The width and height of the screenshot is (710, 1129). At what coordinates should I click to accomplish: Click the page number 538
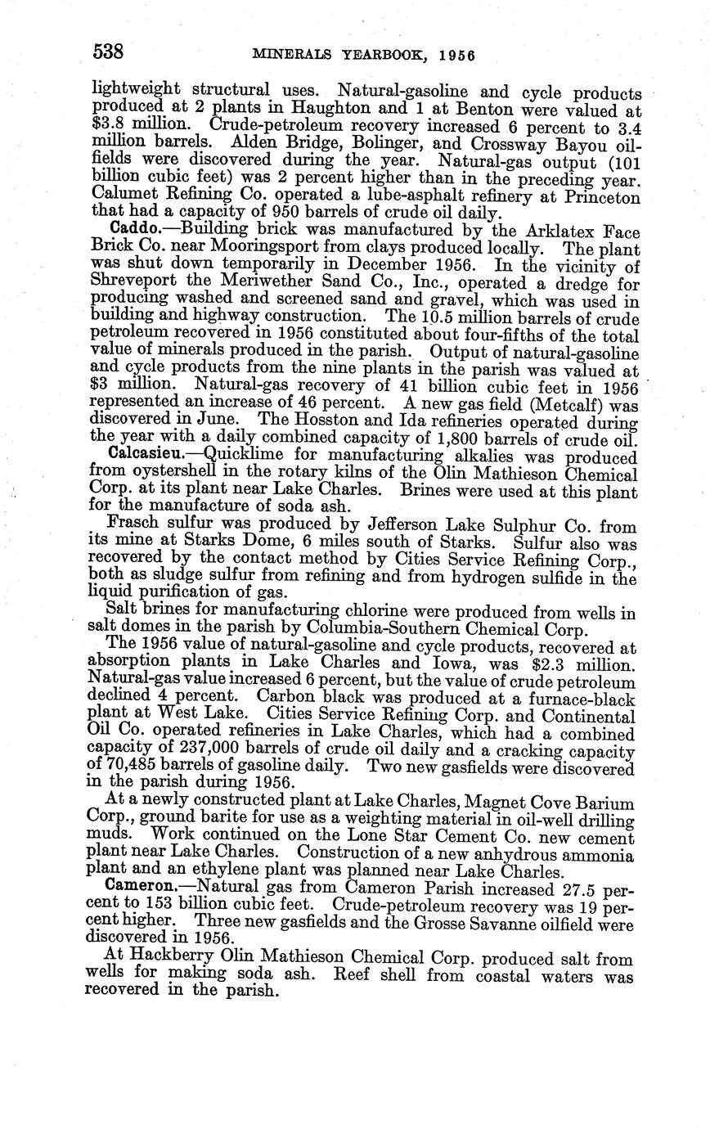click(108, 52)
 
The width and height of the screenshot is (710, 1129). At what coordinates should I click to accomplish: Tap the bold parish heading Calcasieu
click(143, 456)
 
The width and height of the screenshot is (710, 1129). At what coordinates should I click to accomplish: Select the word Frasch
click(131, 523)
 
